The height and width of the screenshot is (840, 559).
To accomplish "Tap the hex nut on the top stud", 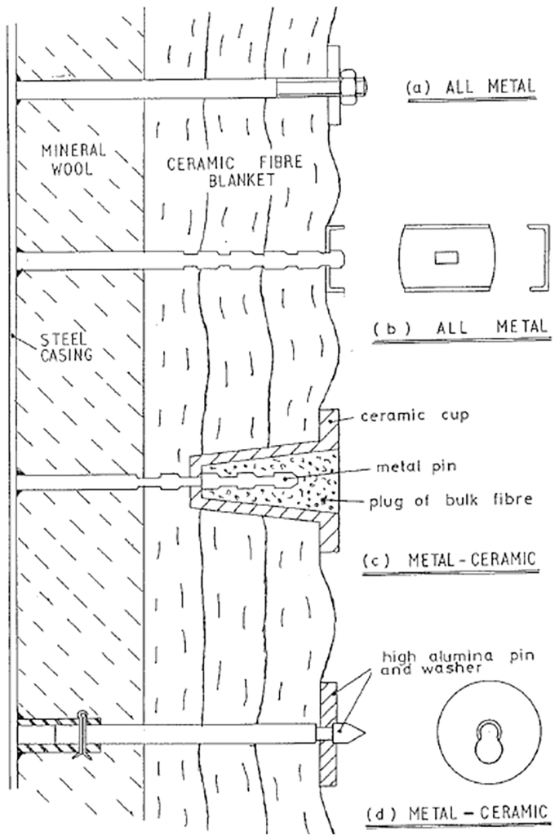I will [x=346, y=84].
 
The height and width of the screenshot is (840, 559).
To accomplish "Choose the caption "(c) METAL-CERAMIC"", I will [x=447, y=560].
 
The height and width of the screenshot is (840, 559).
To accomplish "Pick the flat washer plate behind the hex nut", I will [x=332, y=85].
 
